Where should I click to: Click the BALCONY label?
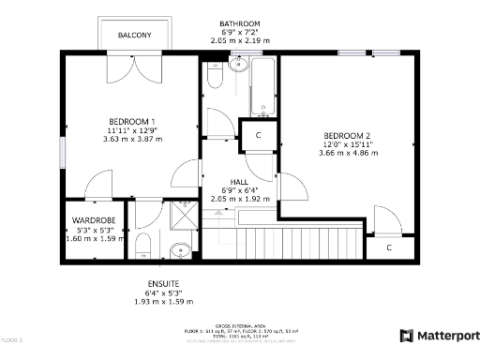[x=134, y=36]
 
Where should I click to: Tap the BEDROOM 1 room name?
[x=132, y=120]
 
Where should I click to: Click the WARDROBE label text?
[x=94, y=220]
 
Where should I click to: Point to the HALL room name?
[x=239, y=182]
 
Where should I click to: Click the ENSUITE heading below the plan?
[x=162, y=283]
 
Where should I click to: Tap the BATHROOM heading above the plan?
[x=239, y=23]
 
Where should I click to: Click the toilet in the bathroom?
[x=214, y=82]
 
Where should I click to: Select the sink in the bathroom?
[x=236, y=67]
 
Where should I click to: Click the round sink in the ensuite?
[x=181, y=250]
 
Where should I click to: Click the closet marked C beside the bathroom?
[x=258, y=135]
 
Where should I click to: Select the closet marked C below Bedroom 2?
[x=389, y=247]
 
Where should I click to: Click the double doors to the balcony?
[x=133, y=66]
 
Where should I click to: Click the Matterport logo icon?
[x=406, y=336]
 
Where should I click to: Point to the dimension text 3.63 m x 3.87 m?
[x=132, y=139]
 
